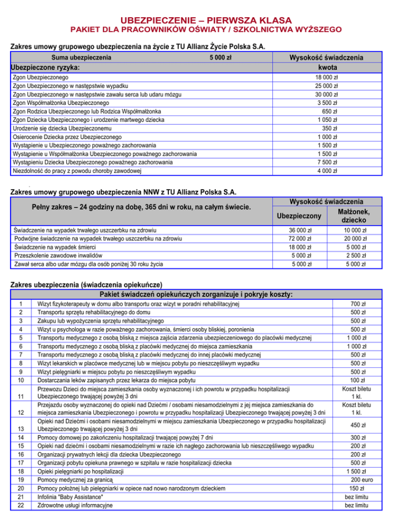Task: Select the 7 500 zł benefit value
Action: tap(327, 162)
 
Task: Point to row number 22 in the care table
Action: tap(20, 505)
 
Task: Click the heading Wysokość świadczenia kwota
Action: tap(327, 62)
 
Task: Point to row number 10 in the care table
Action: tap(20, 379)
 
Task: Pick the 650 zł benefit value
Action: tap(329, 111)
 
